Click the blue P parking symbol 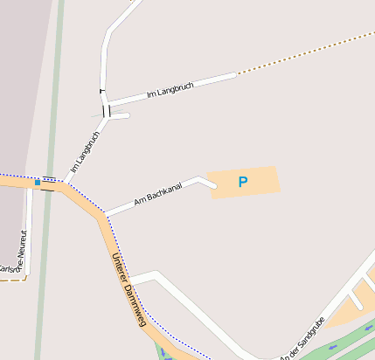click(x=243, y=182)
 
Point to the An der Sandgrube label click(x=302, y=339)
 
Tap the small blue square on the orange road click(x=38, y=182)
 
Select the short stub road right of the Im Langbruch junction click(x=121, y=115)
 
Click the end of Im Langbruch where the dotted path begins click(x=235, y=75)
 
